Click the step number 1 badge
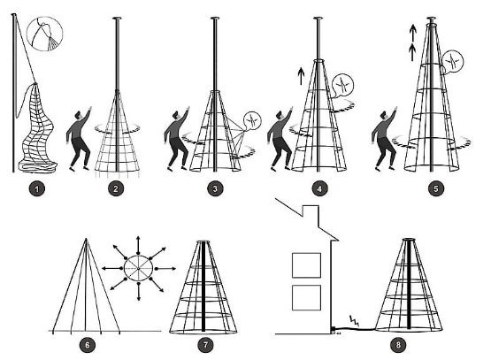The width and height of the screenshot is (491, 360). [37, 188]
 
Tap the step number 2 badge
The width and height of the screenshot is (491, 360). [116, 188]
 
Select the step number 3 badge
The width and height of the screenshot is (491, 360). [215, 188]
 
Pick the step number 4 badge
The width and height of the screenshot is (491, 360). [319, 188]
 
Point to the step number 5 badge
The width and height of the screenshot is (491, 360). [436, 188]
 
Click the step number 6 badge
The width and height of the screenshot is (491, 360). [88, 345]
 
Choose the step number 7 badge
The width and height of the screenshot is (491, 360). [206, 345]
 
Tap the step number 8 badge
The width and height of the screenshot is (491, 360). [398, 345]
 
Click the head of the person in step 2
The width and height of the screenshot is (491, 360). [80, 115]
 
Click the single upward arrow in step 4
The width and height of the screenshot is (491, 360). [301, 76]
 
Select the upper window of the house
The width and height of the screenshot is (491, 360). [306, 265]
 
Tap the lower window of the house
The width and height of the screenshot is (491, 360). [306, 297]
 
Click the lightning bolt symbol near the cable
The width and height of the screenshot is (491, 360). [354, 321]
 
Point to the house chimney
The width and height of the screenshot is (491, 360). [311, 214]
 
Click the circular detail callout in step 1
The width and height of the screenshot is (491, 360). [45, 34]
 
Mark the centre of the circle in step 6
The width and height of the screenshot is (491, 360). [138, 268]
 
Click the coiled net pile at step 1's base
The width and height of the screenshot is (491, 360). [37, 165]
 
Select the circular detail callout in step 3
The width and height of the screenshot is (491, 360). [252, 120]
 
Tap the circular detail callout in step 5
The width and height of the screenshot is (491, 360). [453, 62]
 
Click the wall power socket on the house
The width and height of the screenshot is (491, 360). [334, 329]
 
